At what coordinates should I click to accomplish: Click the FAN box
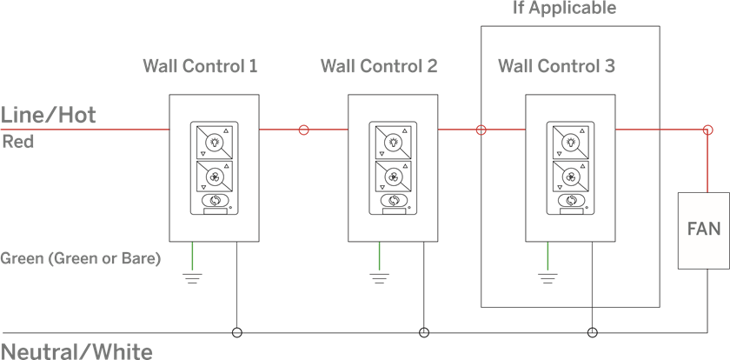tap(703, 230)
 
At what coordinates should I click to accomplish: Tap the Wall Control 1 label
tap(200, 66)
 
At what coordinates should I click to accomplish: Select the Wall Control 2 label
tap(379, 66)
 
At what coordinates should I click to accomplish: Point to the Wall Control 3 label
tap(557, 66)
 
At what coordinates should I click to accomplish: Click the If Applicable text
tap(564, 8)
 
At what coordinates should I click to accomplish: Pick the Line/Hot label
tap(49, 115)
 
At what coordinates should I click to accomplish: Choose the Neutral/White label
tap(76, 351)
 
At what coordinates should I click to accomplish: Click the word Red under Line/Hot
tap(18, 142)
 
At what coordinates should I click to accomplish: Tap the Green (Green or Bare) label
tap(81, 258)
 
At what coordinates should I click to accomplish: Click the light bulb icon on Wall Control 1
tap(214, 142)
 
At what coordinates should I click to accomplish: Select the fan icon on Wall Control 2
tap(394, 177)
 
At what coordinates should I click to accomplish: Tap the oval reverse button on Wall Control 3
tap(571, 200)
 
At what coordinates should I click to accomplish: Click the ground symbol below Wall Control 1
tap(192, 278)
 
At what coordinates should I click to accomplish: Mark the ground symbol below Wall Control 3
tap(548, 278)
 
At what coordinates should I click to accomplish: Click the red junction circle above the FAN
tap(707, 130)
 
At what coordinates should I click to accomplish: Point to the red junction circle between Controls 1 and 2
tap(303, 130)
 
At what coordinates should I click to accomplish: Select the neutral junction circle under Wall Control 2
tap(424, 332)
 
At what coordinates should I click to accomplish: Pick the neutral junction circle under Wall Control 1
tap(237, 332)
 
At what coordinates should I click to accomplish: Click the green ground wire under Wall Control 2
tap(380, 256)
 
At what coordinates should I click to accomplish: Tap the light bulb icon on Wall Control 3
tap(571, 142)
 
